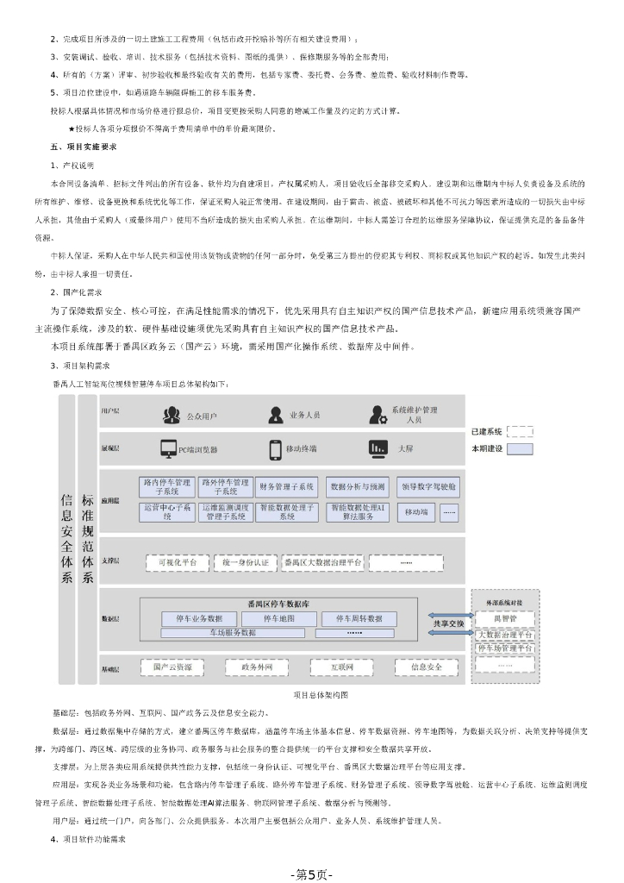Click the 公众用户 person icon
171,415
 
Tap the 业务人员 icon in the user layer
274,415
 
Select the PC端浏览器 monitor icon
168,448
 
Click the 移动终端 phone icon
276,448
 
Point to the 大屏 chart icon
377,448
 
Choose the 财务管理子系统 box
286,486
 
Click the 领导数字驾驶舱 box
428,486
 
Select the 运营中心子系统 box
167,512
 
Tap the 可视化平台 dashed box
178,562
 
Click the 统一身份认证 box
245,562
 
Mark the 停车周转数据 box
359,618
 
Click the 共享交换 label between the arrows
448,623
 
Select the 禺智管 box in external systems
505,618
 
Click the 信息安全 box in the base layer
427,667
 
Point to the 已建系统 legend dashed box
521,431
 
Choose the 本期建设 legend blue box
521,448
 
